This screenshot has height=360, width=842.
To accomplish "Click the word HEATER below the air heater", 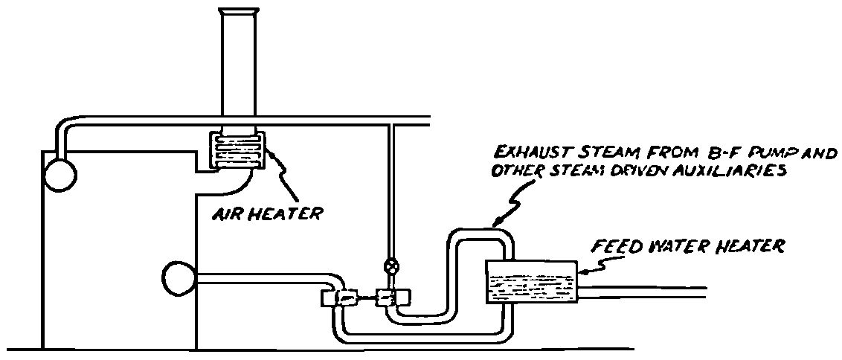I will point(286,213).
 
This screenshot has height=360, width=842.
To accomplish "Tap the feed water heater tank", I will point(531,283).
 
